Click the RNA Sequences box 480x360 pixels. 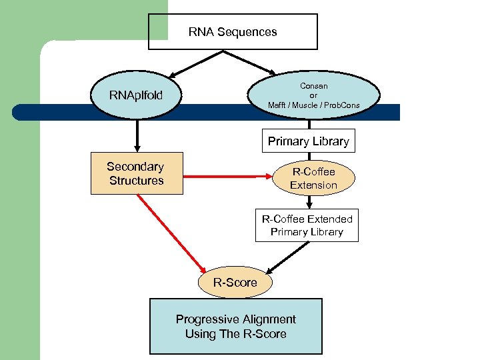[x=233, y=31]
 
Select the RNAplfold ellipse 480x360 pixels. [x=136, y=98]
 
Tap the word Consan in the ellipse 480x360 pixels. [x=313, y=86]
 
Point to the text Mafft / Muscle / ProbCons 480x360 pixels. [x=313, y=105]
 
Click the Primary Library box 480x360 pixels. [x=308, y=141]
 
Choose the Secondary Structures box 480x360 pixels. [x=136, y=174]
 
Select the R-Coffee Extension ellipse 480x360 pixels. [x=313, y=179]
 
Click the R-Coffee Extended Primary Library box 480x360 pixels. [x=307, y=225]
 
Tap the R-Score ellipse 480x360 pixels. [x=235, y=283]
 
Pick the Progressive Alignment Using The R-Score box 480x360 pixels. [x=235, y=326]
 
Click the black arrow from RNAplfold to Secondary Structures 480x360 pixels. [x=137, y=137]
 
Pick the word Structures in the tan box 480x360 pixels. [x=136, y=181]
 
